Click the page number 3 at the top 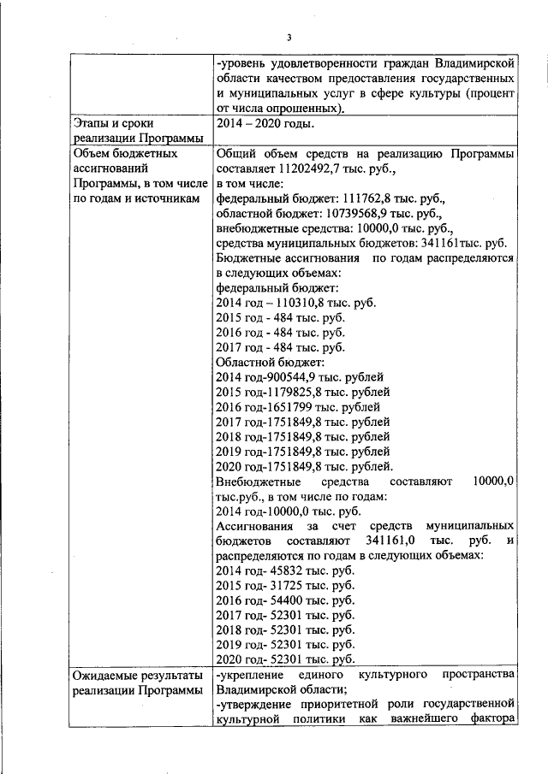[x=289, y=37]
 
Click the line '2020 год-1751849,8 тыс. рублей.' [x=304, y=466]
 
